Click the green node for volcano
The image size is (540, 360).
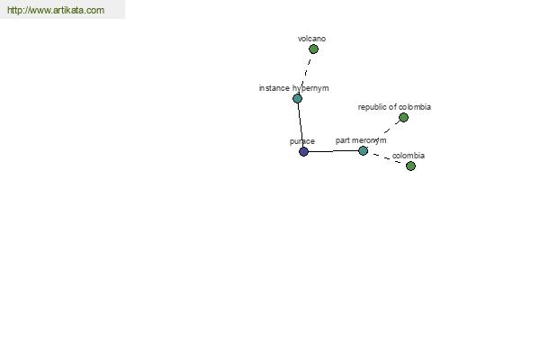313,49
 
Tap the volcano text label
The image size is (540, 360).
311,39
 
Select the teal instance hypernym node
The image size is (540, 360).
298,98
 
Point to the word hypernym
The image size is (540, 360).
310,88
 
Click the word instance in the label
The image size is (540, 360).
274,88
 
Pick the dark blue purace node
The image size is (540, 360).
303,151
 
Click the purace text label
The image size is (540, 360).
302,141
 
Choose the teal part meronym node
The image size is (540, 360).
363,150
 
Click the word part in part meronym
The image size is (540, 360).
343,140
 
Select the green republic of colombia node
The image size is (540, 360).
403,118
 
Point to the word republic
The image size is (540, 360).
373,107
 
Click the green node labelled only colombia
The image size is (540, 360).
410,166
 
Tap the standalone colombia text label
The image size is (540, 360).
409,156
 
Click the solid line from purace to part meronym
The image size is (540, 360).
333,151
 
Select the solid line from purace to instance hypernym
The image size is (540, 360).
301,125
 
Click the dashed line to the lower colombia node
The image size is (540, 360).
387,158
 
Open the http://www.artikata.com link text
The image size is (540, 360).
56,10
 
